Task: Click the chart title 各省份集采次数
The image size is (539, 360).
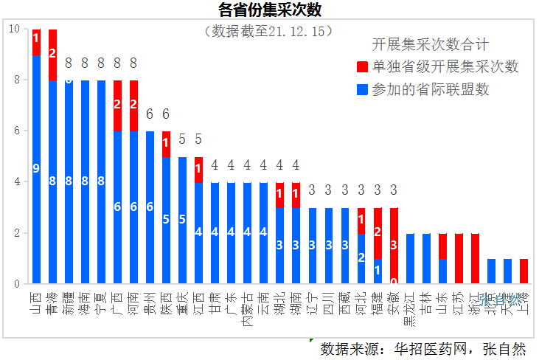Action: click(x=270, y=10)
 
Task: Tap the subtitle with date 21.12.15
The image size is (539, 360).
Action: click(x=270, y=31)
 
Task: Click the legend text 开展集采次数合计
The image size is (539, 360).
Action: click(x=430, y=46)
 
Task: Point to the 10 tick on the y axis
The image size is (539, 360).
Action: click(x=14, y=29)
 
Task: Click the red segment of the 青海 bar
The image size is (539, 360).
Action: click(x=52, y=55)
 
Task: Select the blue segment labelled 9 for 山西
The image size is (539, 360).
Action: click(x=36, y=169)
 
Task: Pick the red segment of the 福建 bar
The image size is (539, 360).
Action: click(x=378, y=232)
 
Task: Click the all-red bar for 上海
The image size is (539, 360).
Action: click(x=524, y=271)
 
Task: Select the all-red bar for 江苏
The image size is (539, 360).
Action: click(x=459, y=258)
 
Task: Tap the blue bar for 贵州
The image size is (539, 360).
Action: click(x=150, y=207)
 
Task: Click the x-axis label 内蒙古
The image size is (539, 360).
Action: click(x=247, y=308)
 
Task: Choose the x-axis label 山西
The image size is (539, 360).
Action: click(x=36, y=302)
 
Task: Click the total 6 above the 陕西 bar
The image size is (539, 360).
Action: click(x=166, y=114)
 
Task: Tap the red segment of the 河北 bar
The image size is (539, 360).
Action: click(x=361, y=220)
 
